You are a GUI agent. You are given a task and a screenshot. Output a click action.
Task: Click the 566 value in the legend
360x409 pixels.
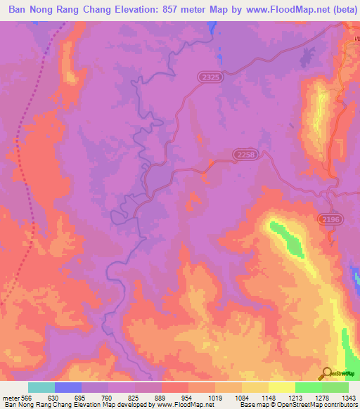tap(26, 397)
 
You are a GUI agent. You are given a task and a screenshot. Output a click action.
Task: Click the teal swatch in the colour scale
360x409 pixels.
tap(41, 387)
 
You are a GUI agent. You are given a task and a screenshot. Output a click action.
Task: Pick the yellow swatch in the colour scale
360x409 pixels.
tap(282, 387)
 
